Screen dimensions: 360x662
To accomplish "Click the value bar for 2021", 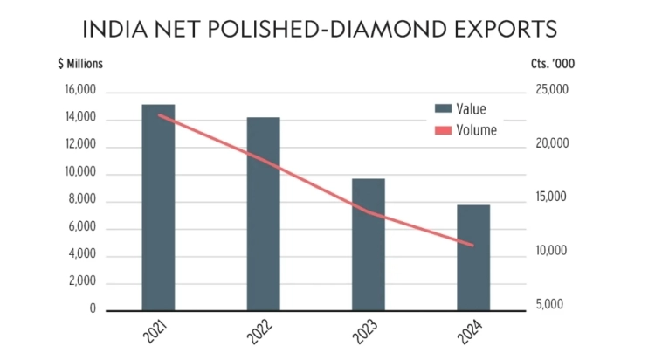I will click(158, 207).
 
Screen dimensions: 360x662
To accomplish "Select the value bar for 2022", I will click(263, 213).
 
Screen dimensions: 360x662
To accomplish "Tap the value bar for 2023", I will click(368, 244).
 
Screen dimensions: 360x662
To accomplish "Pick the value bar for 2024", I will click(472, 257).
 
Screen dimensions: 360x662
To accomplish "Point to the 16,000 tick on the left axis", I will click(80, 92).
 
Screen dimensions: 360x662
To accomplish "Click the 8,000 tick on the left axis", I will click(82, 201).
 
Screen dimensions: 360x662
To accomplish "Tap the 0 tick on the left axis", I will click(92, 309).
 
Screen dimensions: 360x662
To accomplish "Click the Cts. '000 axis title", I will click(553, 63).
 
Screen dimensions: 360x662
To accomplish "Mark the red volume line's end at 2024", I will click(472, 246).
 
